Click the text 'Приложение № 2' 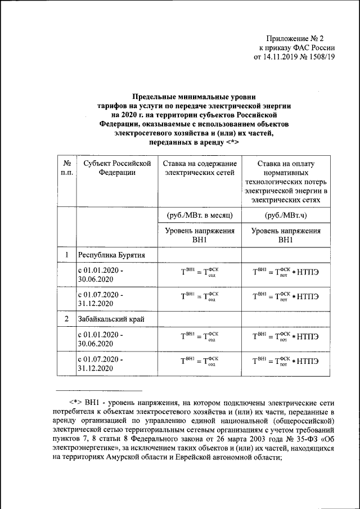299,38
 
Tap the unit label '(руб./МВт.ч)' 286,215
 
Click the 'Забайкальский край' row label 112,319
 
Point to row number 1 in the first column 66,255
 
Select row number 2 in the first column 66,319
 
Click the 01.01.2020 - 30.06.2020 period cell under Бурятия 101,275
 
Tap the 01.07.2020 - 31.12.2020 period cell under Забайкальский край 101,363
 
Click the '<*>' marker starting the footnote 76,403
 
